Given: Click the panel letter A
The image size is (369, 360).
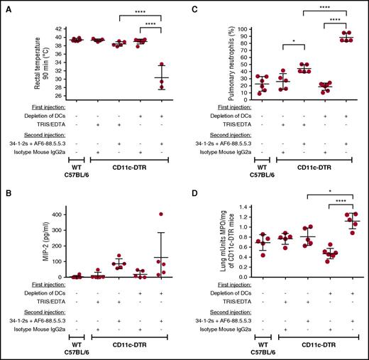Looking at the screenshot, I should coord(6,6).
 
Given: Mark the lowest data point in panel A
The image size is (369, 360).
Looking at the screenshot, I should coord(162,88).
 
